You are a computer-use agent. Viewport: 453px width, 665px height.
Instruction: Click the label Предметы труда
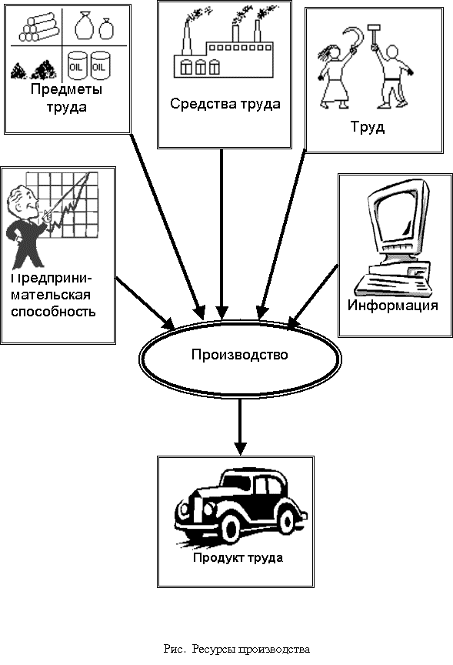point(66,98)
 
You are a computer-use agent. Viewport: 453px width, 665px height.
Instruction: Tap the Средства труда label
point(225,104)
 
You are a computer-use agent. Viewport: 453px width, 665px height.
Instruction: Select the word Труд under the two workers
point(368,127)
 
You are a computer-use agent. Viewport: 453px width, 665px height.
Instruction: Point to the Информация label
point(392,306)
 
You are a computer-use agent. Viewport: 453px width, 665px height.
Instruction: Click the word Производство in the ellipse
point(239,354)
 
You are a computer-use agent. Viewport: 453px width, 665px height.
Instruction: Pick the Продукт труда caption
point(238,557)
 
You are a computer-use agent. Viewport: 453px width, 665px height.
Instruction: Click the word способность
point(53,312)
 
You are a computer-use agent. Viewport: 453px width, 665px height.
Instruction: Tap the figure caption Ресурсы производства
point(251,649)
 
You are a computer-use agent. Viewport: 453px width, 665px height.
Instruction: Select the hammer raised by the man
point(374,35)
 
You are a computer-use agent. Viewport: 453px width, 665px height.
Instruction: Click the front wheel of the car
point(231,530)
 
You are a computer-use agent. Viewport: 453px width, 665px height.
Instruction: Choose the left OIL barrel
point(78,66)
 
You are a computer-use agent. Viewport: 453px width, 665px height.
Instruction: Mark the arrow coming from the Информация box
point(313,296)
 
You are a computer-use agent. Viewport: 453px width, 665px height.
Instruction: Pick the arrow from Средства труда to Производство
point(222,234)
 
